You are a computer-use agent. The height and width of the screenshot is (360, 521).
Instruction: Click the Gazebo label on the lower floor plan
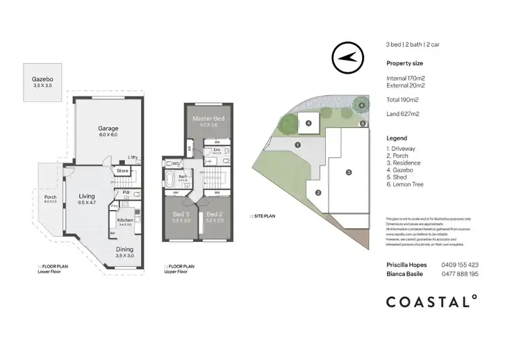coord(42,79)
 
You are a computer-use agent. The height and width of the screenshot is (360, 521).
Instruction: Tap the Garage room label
coord(108,129)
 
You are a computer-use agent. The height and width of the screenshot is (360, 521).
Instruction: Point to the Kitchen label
coord(125,220)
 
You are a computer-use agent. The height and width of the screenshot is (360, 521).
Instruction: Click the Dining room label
coord(125,248)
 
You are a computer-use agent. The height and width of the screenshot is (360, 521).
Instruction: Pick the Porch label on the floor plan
coord(50,197)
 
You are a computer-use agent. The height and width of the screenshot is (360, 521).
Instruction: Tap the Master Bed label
coord(205,119)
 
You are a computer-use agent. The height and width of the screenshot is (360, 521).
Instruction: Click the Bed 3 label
coord(180,214)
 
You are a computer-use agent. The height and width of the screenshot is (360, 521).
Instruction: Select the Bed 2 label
coord(215,214)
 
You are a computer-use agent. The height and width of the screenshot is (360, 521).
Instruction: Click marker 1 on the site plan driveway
coord(297,145)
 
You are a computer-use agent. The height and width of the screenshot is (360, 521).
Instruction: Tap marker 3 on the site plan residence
coord(349,172)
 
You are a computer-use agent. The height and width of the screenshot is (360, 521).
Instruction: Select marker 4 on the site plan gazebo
coord(308,123)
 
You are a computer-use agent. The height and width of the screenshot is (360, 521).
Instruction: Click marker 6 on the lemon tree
coord(361,105)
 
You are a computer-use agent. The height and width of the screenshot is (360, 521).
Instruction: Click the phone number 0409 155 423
coord(460,265)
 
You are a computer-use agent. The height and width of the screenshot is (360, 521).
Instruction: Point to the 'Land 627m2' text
coord(402,113)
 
